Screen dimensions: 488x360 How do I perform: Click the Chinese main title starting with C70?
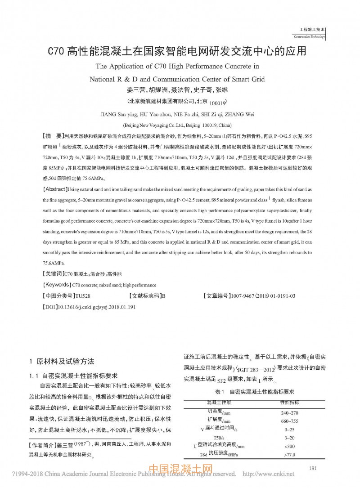coord(177,50)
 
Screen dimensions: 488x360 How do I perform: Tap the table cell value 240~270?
coord(289,412)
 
